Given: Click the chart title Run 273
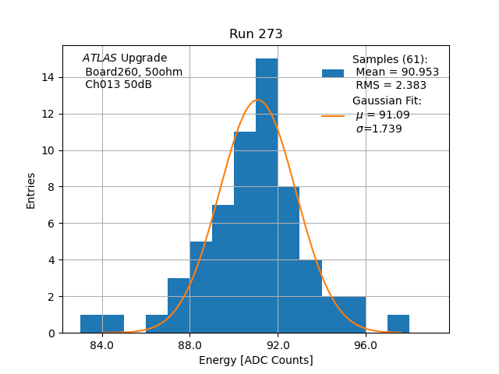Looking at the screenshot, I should click(256, 34).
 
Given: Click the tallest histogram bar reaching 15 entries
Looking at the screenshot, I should click(267, 195).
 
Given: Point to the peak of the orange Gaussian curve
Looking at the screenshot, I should click(257, 100).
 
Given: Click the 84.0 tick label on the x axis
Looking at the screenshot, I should click(102, 346).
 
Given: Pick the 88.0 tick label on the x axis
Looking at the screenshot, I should click(190, 346).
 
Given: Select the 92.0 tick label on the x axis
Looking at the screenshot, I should click(278, 346).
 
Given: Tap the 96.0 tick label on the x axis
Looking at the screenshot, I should click(366, 346).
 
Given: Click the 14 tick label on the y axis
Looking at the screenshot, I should click(48, 77).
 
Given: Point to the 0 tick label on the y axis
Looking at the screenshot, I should click(51, 333).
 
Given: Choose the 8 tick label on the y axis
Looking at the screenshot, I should click(51, 187).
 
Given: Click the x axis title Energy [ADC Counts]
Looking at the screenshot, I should click(256, 360).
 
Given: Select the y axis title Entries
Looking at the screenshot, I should click(31, 189).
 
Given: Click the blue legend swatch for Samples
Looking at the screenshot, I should click(333, 73).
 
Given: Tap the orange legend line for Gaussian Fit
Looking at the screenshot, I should click(333, 116).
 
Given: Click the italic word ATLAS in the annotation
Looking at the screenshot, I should click(100, 58).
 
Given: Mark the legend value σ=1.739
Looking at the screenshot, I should click(379, 129).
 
